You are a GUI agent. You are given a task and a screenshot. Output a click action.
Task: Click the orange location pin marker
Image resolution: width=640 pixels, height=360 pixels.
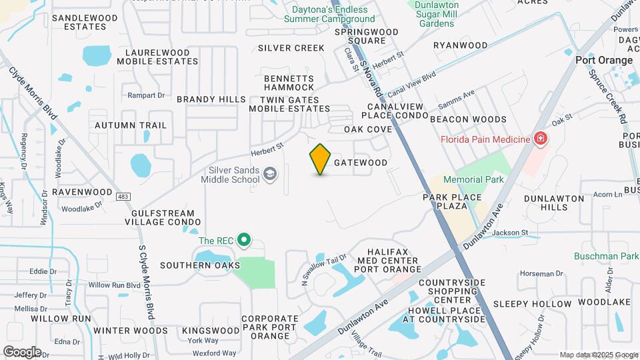321,159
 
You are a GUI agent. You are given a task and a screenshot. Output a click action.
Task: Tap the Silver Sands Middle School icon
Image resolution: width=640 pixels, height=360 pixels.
270,175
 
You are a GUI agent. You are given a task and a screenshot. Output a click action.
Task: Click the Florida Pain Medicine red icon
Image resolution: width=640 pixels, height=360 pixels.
541,139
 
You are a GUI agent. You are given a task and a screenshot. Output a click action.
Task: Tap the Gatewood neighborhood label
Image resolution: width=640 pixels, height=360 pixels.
360,163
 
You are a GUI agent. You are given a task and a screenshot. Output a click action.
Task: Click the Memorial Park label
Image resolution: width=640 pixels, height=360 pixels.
473,180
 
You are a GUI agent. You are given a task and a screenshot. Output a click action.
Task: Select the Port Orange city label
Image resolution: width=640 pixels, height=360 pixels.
604,60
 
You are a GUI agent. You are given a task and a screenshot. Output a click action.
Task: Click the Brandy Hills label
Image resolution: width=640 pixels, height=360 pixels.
211,99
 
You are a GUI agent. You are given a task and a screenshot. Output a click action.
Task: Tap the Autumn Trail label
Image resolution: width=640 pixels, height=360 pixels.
131,125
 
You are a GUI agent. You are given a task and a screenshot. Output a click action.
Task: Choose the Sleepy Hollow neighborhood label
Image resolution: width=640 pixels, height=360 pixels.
532,304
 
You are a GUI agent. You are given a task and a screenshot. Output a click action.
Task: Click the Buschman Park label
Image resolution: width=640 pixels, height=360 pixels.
606,256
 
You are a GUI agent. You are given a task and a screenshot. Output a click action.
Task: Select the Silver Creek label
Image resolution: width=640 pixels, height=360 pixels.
291,48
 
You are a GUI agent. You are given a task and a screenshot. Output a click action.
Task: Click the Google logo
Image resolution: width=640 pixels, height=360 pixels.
22,352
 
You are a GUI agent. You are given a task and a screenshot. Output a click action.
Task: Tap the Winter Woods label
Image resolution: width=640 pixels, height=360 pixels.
131,331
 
